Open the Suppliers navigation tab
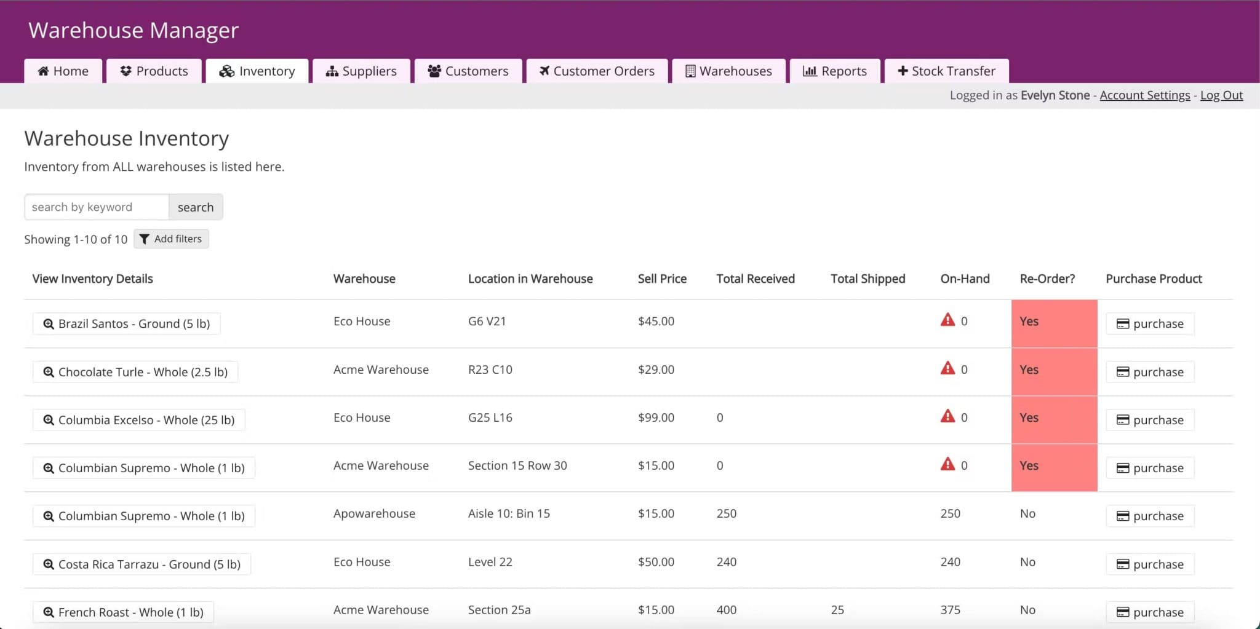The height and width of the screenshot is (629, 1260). tap(361, 71)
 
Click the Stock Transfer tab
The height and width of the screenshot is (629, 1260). tap(946, 71)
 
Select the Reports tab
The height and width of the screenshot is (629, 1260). tap(835, 71)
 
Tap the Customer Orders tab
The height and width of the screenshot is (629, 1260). tap(597, 71)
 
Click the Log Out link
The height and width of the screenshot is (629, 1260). tap(1221, 95)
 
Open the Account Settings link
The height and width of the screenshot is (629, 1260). tap(1144, 95)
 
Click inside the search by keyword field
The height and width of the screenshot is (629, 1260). tap(97, 207)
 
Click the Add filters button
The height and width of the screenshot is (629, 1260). tap(171, 239)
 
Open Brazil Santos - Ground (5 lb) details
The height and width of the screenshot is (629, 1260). tap(127, 323)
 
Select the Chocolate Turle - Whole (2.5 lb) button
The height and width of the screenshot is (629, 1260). tap(135, 372)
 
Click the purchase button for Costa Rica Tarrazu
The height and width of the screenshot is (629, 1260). tap(1150, 564)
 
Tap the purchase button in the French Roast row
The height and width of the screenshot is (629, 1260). tap(1150, 612)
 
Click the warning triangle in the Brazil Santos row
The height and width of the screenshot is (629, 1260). tap(947, 320)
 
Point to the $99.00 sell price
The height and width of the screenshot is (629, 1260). tap(656, 417)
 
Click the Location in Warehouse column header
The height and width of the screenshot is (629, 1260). tap(530, 279)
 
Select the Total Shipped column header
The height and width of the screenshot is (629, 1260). tap(867, 279)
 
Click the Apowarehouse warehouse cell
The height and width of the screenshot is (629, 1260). tap(374, 513)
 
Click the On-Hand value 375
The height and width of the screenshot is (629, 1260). tap(950, 610)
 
